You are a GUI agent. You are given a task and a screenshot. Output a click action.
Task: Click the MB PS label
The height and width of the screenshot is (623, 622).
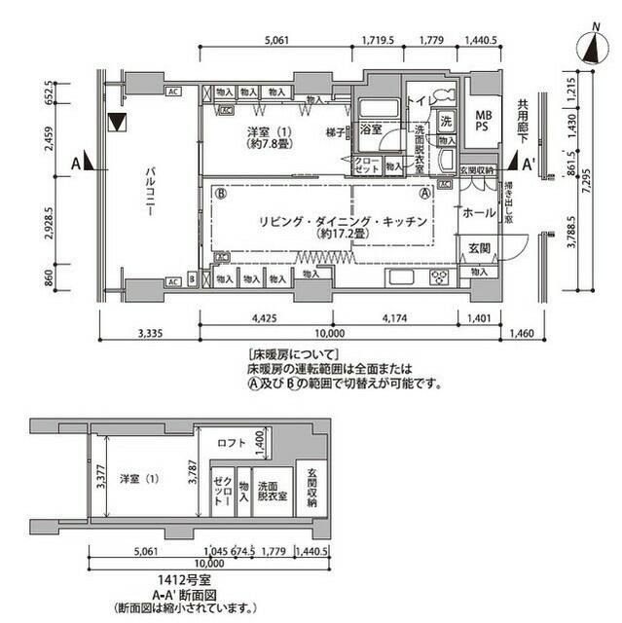click(x=480, y=120)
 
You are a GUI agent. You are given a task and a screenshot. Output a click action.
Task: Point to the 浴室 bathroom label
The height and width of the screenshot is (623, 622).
click(x=371, y=129)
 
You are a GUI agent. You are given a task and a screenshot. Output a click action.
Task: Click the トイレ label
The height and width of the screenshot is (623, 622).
click(x=419, y=101)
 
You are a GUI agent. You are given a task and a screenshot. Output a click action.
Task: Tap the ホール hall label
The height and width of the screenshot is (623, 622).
click(x=478, y=211)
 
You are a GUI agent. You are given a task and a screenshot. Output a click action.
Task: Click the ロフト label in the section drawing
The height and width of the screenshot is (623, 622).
click(x=232, y=443)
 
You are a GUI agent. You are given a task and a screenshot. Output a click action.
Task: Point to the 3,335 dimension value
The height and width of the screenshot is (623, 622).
click(x=149, y=333)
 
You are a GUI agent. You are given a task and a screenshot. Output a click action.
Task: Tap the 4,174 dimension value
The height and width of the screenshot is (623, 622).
click(x=395, y=316)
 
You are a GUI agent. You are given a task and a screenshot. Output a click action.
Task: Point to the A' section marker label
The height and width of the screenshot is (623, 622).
click(x=530, y=162)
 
